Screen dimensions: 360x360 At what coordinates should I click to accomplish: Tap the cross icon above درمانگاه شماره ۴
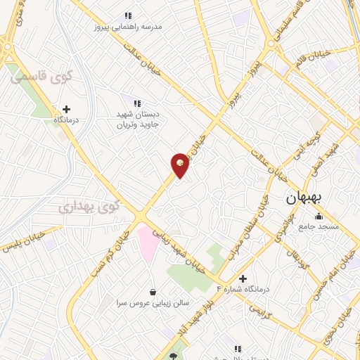click(243, 278)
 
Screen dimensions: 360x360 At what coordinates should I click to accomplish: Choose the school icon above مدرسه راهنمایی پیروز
click(128, 15)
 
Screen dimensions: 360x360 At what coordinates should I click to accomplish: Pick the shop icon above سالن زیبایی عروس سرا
click(153, 292)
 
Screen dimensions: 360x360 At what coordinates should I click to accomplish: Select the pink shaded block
click(148, 243)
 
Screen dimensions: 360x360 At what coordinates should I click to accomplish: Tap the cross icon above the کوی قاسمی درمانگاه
click(67, 109)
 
